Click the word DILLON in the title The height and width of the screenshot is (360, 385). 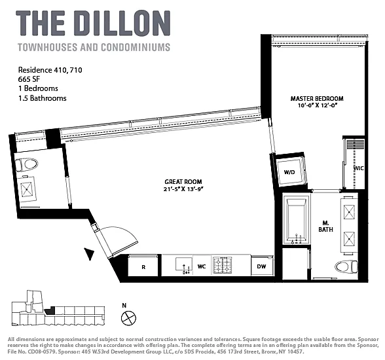coord(124,24)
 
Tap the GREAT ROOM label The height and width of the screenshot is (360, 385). coord(183,182)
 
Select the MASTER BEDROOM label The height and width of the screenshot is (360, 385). coord(317,99)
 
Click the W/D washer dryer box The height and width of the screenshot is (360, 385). coord(289,171)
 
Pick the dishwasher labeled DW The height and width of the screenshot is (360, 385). coord(262,266)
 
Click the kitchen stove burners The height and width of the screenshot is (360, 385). coord(222,265)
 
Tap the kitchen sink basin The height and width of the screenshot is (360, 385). coord(183,264)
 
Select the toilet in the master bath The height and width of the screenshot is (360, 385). coord(346,267)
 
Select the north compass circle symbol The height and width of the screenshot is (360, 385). coord(128,318)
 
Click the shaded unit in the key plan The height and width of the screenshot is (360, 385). coord(50,310)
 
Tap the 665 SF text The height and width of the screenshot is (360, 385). coord(29,79)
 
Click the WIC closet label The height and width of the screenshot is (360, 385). coord(359,168)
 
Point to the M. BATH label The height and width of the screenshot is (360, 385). coord(325,226)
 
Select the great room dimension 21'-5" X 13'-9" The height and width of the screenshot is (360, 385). coord(184,189)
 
